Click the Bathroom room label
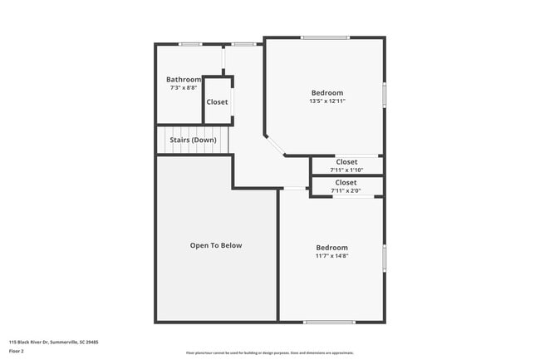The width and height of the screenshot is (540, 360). pyautogui.click(x=184, y=79)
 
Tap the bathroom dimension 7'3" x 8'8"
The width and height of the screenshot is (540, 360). pyautogui.click(x=184, y=87)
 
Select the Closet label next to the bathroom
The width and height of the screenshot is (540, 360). pyautogui.click(x=218, y=102)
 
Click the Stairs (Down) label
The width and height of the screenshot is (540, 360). pyautogui.click(x=194, y=140)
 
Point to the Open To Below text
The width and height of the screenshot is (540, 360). pyautogui.click(x=216, y=245)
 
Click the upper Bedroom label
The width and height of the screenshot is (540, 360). pyautogui.click(x=327, y=92)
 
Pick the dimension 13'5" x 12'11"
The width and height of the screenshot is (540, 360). pyautogui.click(x=327, y=101)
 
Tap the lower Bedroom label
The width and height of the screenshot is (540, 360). pyautogui.click(x=331, y=247)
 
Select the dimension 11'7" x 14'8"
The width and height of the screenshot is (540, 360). pyautogui.click(x=331, y=256)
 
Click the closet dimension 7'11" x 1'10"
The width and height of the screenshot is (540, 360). pyautogui.click(x=346, y=170)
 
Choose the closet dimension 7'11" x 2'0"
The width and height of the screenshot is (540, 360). pyautogui.click(x=346, y=190)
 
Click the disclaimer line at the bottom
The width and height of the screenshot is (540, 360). pyautogui.click(x=269, y=353)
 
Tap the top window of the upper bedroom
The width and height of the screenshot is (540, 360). pyautogui.click(x=325, y=37)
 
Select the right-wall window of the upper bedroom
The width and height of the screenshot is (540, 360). pyautogui.click(x=384, y=93)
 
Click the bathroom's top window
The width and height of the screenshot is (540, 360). pyautogui.click(x=190, y=44)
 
